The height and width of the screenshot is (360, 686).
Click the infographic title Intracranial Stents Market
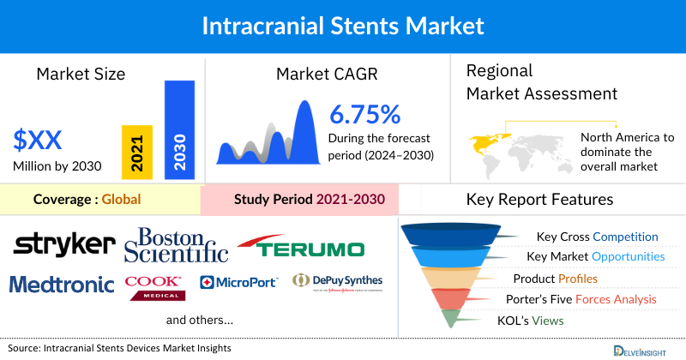click(343, 25)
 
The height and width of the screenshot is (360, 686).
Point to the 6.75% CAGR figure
click(365, 114)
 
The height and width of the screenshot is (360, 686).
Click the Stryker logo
click(63, 244)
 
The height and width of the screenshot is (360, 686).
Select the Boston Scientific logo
click(176, 244)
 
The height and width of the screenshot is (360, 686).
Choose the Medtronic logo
click(61, 284)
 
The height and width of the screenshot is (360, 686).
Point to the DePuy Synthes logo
click(337, 282)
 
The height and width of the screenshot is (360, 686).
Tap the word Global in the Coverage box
click(120, 201)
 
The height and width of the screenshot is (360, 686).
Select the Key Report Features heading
click(539, 200)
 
